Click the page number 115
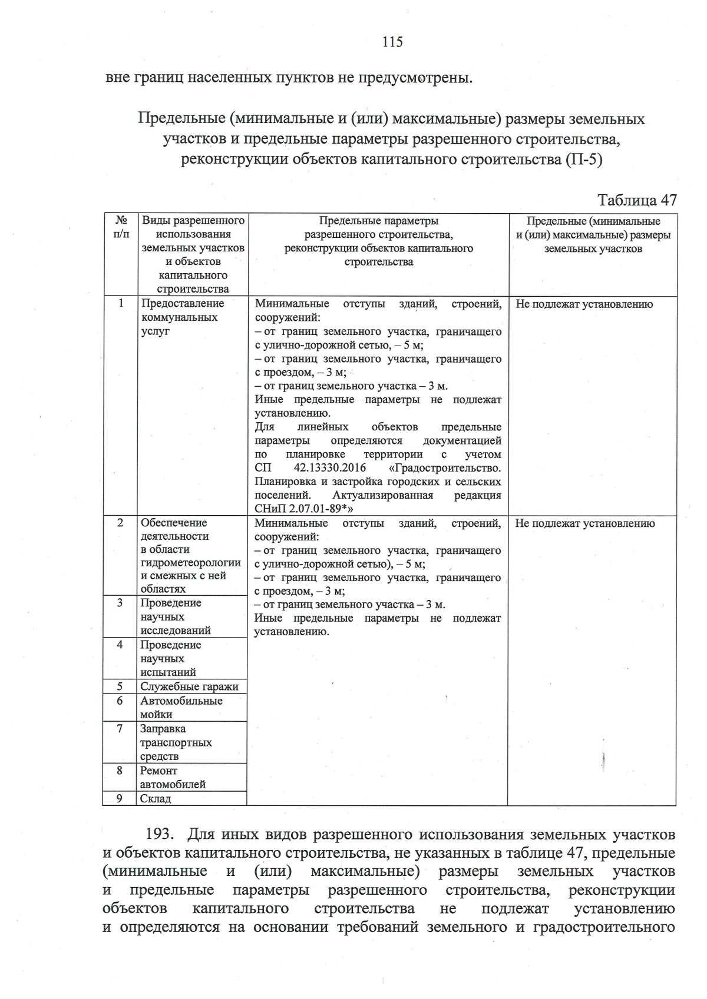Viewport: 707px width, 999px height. pos(392,42)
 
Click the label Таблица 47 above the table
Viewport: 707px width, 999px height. pos(637,200)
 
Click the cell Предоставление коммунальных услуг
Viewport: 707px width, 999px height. pos(183,317)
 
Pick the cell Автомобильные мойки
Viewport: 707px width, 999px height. pos(181,708)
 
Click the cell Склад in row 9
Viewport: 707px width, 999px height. pos(156,799)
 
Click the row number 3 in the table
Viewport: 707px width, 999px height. pos(120,602)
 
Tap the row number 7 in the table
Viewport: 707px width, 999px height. pos(120,729)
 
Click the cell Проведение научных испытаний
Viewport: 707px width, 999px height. pos(170,658)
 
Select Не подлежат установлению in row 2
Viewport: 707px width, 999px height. pos(584,523)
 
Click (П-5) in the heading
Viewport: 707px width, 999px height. pos(583,160)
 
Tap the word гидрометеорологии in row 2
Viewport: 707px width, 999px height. pos(190,563)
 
